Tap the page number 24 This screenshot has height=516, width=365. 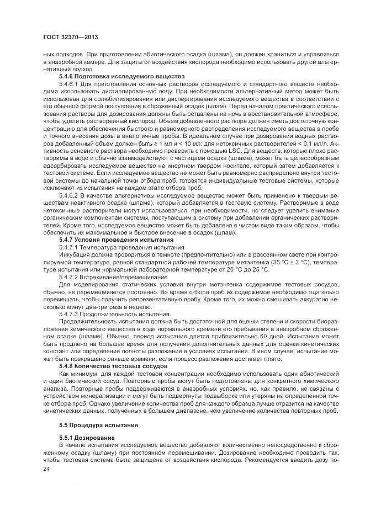(46, 468)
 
